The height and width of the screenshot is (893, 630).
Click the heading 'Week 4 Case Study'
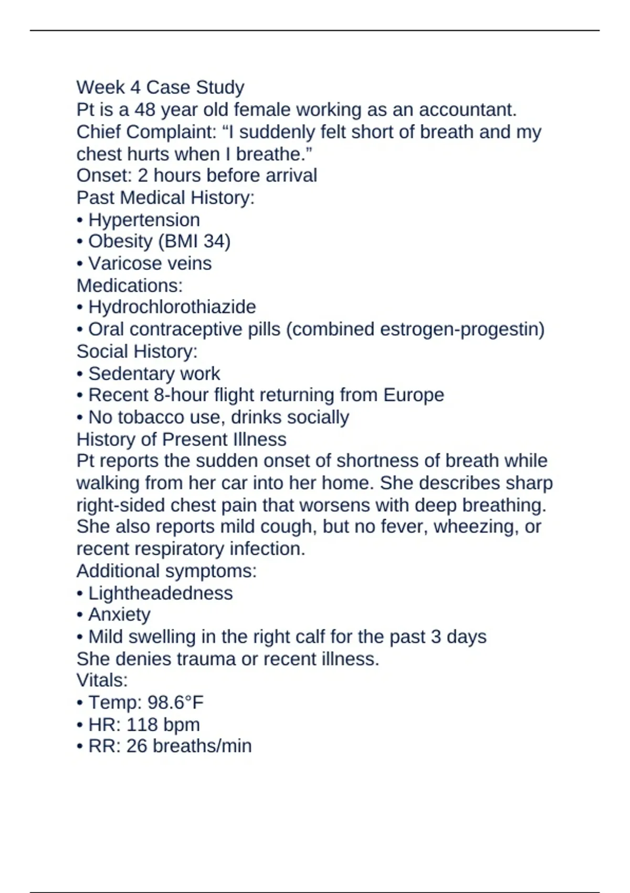[x=160, y=87]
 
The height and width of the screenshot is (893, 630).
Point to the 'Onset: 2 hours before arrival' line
[x=196, y=175]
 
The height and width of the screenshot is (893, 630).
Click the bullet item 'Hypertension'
[x=144, y=220]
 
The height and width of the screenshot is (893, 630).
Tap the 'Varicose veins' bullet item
[x=150, y=263]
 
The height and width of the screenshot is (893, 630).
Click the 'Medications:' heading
[x=130, y=285]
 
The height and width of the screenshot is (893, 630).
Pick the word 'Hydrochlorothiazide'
[x=172, y=307]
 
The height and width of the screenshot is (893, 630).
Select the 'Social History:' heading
[x=137, y=351]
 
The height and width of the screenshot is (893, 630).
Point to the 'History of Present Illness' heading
[x=181, y=439]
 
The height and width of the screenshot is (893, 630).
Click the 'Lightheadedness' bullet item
[x=160, y=593]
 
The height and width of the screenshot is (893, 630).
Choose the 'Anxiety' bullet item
[x=119, y=614]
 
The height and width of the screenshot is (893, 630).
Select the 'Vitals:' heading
[x=102, y=680]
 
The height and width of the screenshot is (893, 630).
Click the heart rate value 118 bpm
[x=163, y=724]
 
